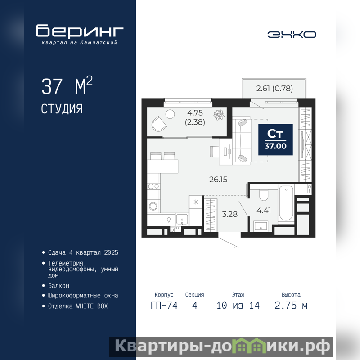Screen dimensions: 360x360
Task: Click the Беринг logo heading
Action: pos(80,31)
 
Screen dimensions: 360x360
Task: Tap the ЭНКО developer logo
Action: pos(292,35)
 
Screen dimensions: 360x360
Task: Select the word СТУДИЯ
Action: pos(62,109)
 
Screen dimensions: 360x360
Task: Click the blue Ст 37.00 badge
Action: pos(275,139)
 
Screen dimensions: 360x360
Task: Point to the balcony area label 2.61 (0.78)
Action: pos(274,88)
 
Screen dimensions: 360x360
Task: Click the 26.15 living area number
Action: pos(218,179)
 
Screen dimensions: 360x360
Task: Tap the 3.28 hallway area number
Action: pos(229,214)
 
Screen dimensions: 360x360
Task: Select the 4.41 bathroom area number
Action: pos(264,210)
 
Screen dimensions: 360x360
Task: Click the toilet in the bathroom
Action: pos(264,195)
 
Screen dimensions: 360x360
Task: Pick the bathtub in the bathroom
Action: pos(286,204)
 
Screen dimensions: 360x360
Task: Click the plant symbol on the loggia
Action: pos(219,115)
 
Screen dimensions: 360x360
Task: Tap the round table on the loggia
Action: pos(170,114)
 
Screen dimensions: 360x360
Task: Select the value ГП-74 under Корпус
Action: pos(164,306)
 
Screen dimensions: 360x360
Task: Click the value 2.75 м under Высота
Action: pos(291,306)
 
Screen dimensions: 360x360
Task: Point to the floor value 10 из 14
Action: pos(238,306)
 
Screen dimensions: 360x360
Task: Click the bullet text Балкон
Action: pos(58,286)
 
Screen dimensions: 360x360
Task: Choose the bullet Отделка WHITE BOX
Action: pos(78,306)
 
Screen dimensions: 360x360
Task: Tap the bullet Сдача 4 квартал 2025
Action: pos(83,252)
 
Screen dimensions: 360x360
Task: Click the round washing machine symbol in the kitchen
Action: pos(153,206)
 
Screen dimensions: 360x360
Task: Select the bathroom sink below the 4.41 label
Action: pos(261,226)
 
